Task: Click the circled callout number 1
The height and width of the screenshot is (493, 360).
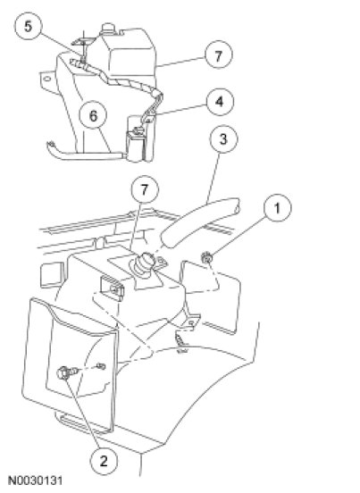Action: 278,208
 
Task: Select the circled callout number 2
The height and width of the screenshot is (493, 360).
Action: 104,461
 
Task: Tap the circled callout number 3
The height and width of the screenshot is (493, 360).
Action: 223,138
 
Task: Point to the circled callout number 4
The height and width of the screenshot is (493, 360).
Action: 220,102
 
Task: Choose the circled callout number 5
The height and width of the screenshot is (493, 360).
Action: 29,26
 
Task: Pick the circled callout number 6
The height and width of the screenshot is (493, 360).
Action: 93,116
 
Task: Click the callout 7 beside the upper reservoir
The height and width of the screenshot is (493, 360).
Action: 219,55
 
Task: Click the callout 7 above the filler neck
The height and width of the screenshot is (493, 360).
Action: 145,190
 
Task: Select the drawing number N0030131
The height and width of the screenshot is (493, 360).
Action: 35,481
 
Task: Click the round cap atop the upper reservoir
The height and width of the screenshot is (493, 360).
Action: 108,28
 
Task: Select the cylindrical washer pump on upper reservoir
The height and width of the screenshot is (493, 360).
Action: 136,146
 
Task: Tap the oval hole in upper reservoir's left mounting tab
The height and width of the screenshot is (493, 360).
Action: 47,79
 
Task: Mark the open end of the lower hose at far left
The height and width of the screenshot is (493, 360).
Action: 50,145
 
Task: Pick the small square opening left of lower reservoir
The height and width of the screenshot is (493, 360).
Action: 52,274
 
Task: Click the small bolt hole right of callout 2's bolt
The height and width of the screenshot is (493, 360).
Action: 101,365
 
